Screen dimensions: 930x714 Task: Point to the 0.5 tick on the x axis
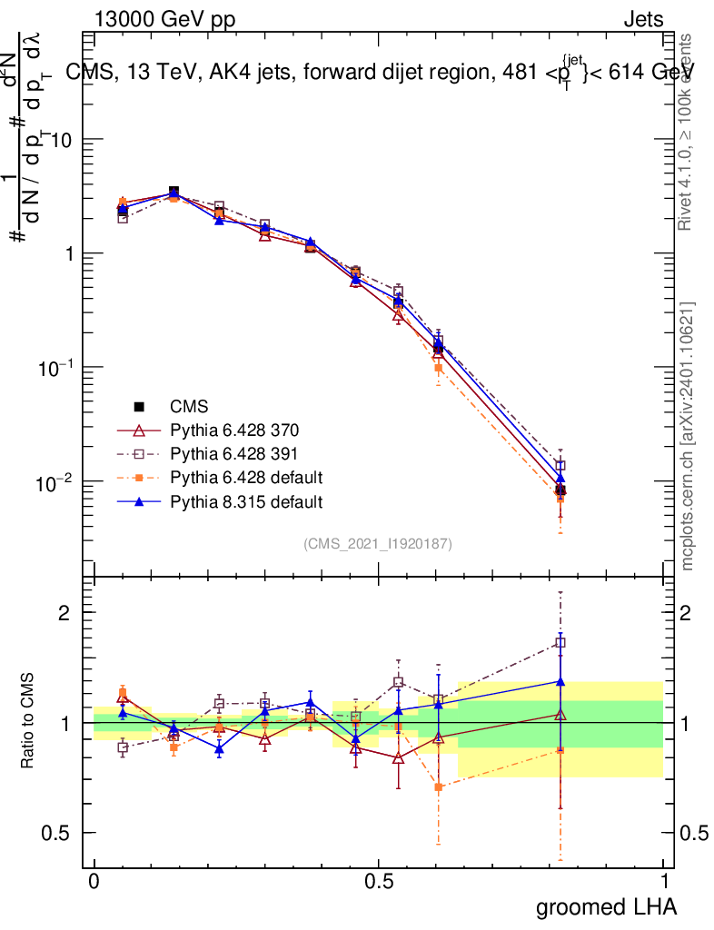(379, 882)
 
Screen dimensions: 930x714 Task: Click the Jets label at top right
(642, 20)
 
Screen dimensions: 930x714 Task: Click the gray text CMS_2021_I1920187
(378, 543)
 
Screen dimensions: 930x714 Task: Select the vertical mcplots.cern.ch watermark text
(689, 436)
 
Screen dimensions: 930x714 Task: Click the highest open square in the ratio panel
(560, 643)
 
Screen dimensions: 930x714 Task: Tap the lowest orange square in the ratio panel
(439, 787)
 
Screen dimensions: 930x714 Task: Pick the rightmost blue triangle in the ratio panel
(560, 681)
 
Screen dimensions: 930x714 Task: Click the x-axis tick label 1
(663, 882)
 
